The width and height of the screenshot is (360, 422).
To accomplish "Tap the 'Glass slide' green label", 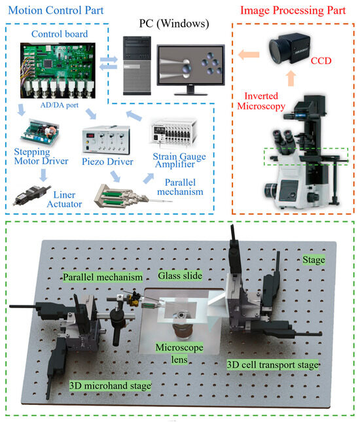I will (x=183, y=275).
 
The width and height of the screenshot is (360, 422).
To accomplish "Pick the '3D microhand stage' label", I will (x=111, y=386).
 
